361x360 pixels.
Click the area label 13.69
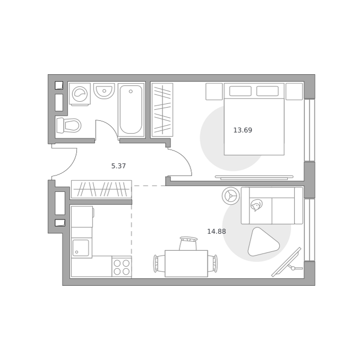243,130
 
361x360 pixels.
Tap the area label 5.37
118,166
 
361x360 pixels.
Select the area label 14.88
217,231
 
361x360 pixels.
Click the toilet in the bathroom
69,126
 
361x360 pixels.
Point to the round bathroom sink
104,91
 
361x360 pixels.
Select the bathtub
131,110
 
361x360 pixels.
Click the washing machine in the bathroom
80,94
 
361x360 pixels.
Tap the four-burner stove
122,267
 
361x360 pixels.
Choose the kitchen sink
81,248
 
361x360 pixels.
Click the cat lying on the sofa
256,205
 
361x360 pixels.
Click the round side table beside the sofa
231,196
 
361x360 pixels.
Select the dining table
186,264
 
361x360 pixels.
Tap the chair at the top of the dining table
188,243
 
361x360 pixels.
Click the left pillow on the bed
240,91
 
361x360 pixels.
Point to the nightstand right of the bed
294,92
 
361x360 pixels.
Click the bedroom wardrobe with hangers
162,110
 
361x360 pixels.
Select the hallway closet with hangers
101,189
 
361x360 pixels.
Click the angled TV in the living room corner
287,262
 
